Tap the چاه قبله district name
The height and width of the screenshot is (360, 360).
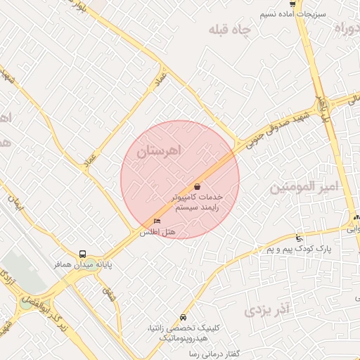pyautogui.click(x=230, y=31)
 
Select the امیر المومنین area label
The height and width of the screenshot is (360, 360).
pyautogui.click(x=304, y=187)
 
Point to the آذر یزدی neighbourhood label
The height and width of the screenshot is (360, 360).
pyautogui.click(x=268, y=309)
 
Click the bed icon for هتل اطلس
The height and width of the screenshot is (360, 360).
pyautogui.click(x=156, y=221)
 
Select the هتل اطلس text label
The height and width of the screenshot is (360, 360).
pyautogui.click(x=157, y=232)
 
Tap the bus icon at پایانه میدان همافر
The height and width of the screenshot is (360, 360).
pyautogui.click(x=83, y=254)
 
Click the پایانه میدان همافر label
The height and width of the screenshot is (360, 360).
pyautogui.click(x=84, y=265)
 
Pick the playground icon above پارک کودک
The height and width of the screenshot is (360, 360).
pyautogui.click(x=300, y=238)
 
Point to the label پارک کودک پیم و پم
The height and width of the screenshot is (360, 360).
pyautogui.click(x=299, y=249)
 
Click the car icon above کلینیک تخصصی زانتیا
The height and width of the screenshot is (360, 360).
pyautogui.click(x=184, y=317)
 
